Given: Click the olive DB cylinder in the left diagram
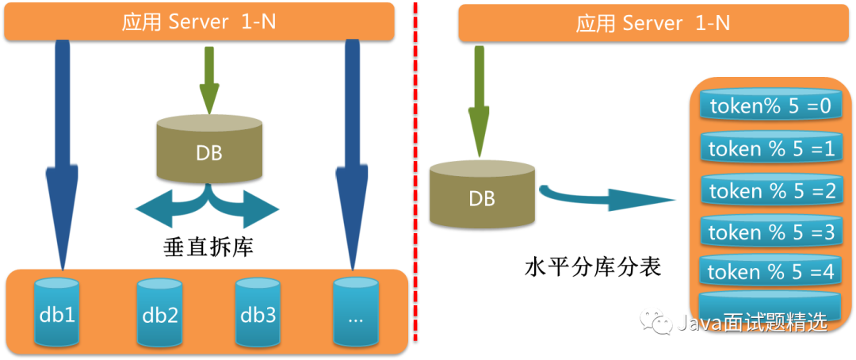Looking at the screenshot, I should [x=209, y=151].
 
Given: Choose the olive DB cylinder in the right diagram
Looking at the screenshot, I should [x=482, y=194].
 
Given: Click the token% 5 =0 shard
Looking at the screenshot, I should [x=770, y=106].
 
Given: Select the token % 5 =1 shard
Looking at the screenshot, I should [x=770, y=147].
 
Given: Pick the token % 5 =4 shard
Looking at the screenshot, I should [x=770, y=271].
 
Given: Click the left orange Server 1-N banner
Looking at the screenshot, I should [x=199, y=21].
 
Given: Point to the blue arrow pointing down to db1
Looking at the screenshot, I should [x=62, y=159].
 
